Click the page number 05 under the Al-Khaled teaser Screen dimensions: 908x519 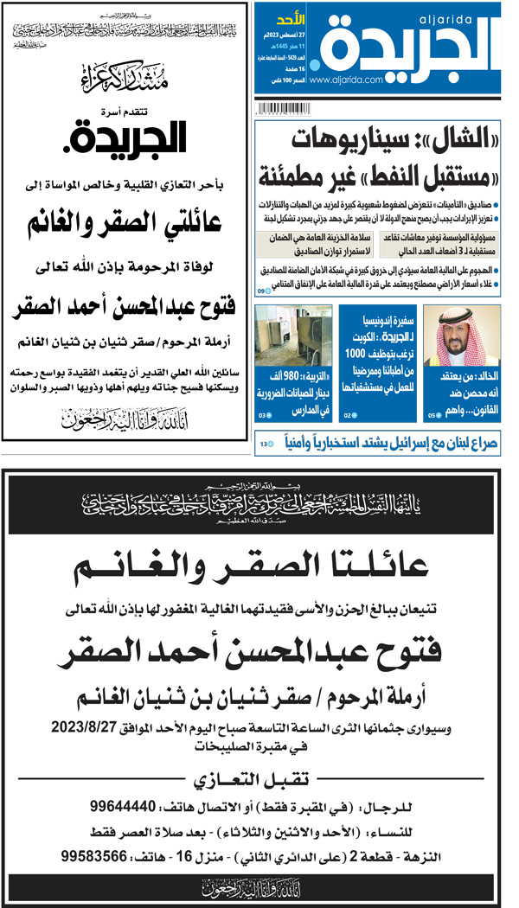click(434, 415)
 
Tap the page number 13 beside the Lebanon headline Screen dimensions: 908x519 click(264, 444)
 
